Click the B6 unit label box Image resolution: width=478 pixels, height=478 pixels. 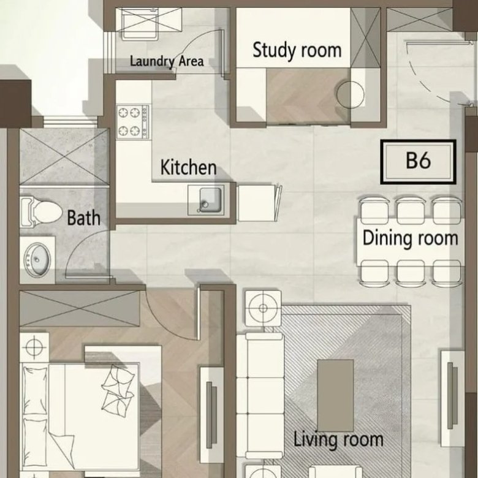(x=418, y=162)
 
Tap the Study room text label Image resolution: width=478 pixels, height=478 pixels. (x=297, y=50)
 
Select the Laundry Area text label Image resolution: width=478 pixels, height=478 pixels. (x=167, y=61)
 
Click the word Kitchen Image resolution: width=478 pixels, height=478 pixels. (x=188, y=167)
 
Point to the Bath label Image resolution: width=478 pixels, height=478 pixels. (x=83, y=218)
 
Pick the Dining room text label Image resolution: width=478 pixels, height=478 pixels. (x=411, y=238)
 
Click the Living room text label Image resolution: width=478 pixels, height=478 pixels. (x=338, y=439)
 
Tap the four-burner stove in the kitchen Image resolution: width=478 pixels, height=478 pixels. (x=133, y=121)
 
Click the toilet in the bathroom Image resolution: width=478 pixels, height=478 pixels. (x=41, y=212)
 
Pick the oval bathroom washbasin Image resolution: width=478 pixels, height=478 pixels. (x=37, y=260)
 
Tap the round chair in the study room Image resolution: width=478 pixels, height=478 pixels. (x=351, y=94)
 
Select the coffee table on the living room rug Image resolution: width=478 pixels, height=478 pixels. (x=336, y=395)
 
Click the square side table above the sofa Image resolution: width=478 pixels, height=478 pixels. (x=264, y=308)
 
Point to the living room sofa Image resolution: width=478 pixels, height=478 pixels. (x=260, y=395)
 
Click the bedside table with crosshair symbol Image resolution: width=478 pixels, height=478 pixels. (x=34, y=347)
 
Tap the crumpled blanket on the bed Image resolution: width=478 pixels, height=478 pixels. (x=118, y=390)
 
